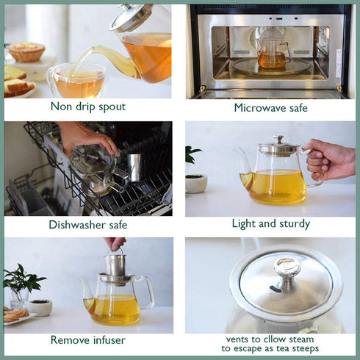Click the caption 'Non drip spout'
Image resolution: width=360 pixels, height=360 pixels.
(87, 107)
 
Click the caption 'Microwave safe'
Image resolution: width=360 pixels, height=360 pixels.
(270, 108)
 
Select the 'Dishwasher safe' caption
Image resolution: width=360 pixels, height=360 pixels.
(88, 225)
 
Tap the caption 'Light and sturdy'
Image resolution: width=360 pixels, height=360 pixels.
(270, 223)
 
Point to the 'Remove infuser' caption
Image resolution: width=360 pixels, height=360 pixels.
(87, 340)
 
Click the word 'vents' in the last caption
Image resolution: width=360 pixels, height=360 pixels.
(237, 339)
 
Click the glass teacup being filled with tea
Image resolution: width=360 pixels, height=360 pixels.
(76, 81)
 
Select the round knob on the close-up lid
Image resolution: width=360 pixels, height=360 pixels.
(287, 269)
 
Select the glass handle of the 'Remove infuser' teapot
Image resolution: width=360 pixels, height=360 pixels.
(147, 290)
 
